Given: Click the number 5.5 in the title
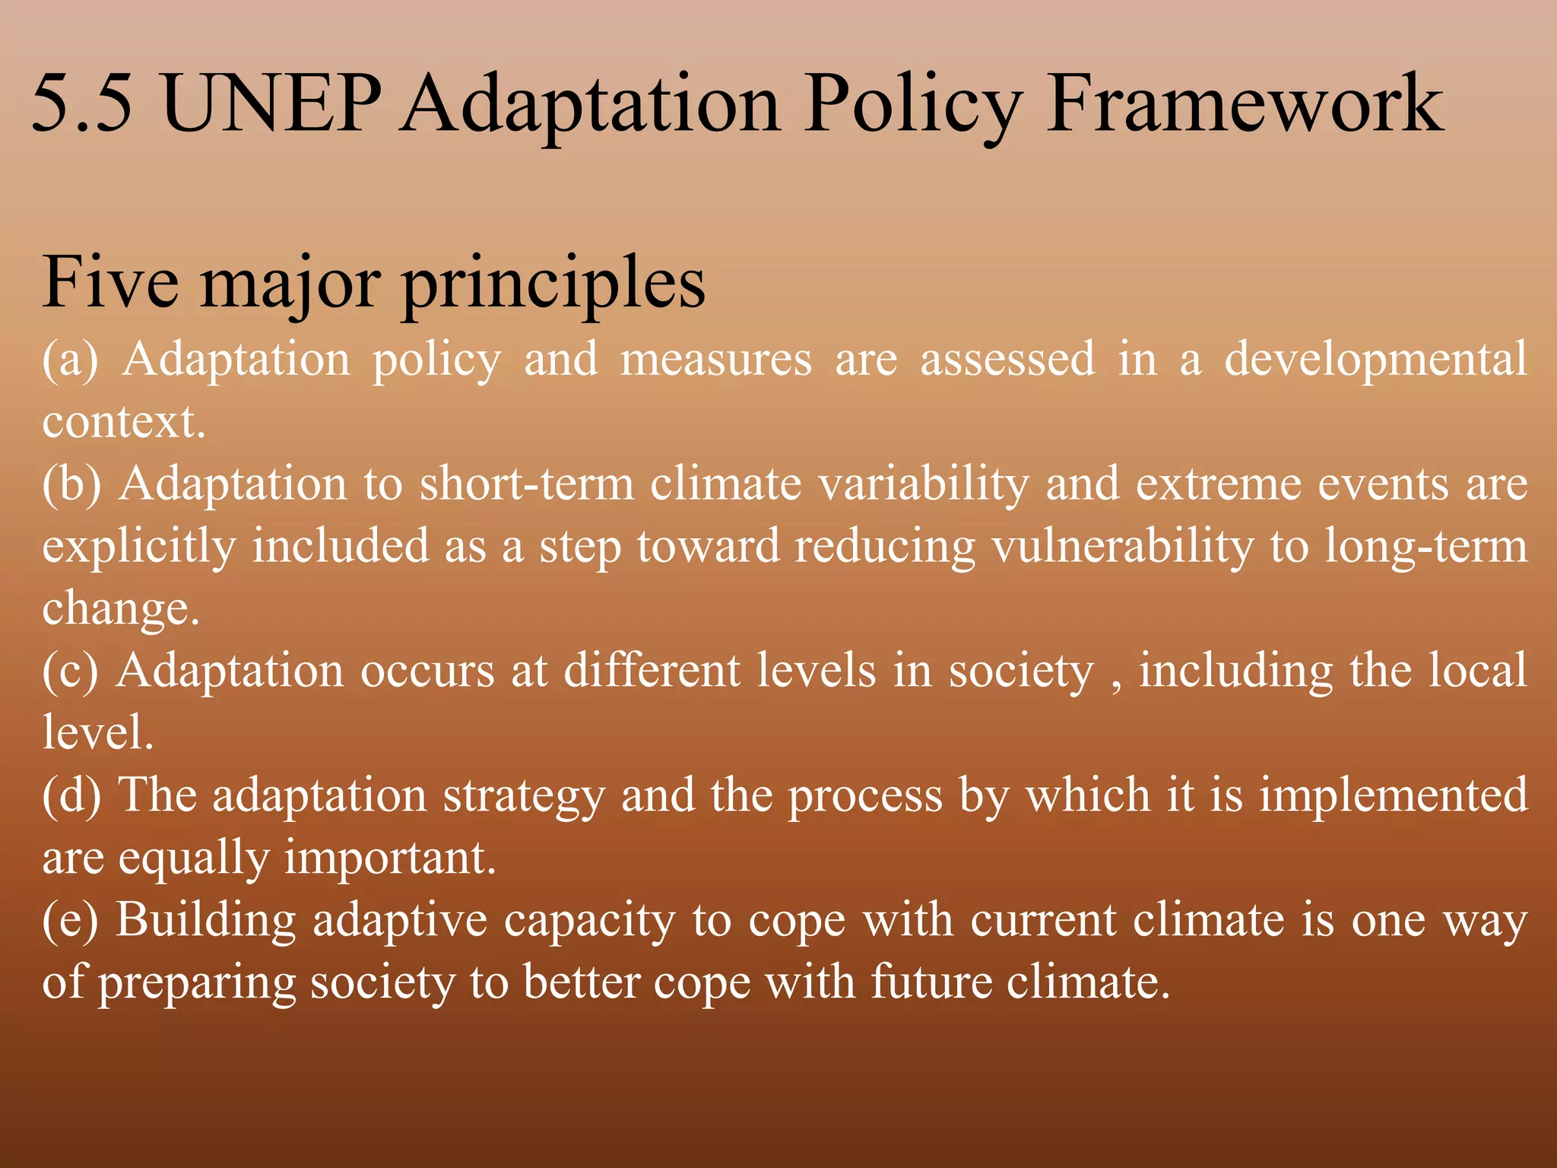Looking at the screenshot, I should tap(81, 103).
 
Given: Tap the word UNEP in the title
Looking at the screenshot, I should tap(271, 103).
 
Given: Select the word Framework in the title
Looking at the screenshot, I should tap(1244, 103).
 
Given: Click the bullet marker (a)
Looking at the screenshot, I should tap(71, 359).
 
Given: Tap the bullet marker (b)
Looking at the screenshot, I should tap(71, 484).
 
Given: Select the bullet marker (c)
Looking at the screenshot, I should tap(70, 671).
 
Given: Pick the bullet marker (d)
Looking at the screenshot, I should tap(71, 795).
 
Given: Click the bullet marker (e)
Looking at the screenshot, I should tap(70, 920).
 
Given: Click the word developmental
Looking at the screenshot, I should tap(1375, 360).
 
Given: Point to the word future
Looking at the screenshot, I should tap(931, 982).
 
